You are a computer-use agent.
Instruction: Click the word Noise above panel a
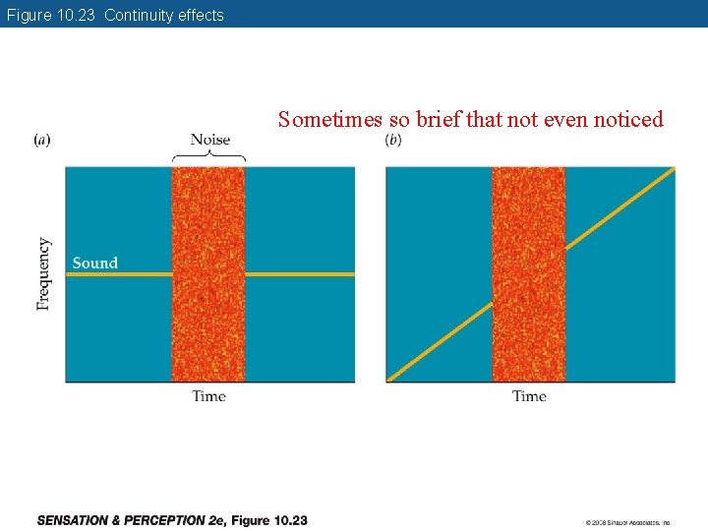point(209,140)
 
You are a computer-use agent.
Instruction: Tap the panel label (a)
point(42,140)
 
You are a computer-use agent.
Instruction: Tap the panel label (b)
point(393,140)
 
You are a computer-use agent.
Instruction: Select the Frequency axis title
point(43,274)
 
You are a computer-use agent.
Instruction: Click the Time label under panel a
point(208,396)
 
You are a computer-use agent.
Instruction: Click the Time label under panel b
point(529,396)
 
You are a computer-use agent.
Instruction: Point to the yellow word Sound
point(94,263)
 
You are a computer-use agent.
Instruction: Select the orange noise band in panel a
point(208,324)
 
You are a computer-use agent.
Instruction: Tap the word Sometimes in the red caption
point(330,120)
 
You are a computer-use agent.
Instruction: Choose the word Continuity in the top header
point(139,15)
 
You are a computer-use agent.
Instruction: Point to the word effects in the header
point(201,15)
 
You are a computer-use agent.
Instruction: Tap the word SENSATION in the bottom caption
point(78,520)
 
